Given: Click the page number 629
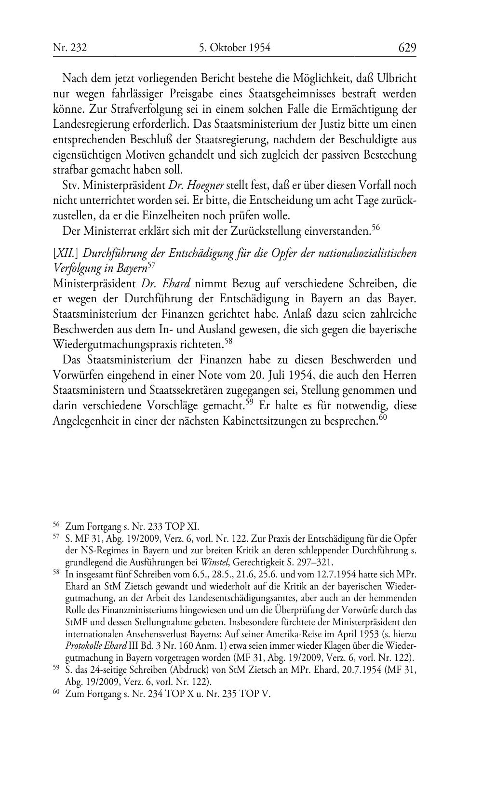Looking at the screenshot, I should [407, 47].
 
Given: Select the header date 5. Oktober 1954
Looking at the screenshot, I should [234, 47].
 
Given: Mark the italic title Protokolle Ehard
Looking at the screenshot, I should [93, 646].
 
